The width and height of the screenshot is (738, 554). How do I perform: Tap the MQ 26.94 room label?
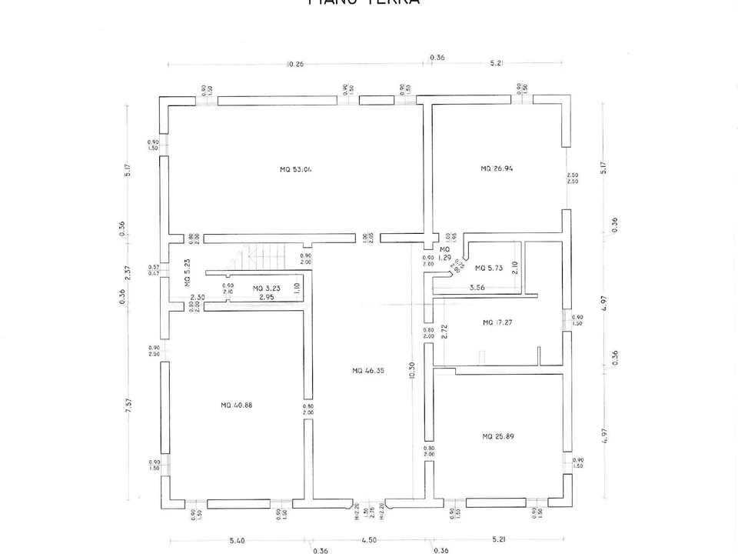tap(497, 169)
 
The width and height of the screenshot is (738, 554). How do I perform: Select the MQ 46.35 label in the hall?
tap(368, 371)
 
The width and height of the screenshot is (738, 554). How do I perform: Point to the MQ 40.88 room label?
tap(236, 405)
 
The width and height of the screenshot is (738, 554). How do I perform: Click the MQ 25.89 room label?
tap(497, 436)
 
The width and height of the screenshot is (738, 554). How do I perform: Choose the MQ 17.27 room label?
tap(497, 322)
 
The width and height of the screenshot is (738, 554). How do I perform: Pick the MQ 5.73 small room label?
tap(489, 269)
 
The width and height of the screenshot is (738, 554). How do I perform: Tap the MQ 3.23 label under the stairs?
tap(268, 289)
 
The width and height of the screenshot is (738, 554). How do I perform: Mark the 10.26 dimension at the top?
tap(294, 65)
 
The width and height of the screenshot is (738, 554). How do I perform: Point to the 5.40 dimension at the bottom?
tap(237, 541)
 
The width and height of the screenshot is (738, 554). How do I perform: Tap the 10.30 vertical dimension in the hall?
tap(413, 371)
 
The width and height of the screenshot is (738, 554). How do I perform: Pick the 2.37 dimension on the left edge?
tap(128, 272)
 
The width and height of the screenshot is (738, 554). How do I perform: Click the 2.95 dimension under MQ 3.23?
tap(266, 297)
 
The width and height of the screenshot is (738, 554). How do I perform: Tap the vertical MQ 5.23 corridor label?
tap(188, 272)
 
